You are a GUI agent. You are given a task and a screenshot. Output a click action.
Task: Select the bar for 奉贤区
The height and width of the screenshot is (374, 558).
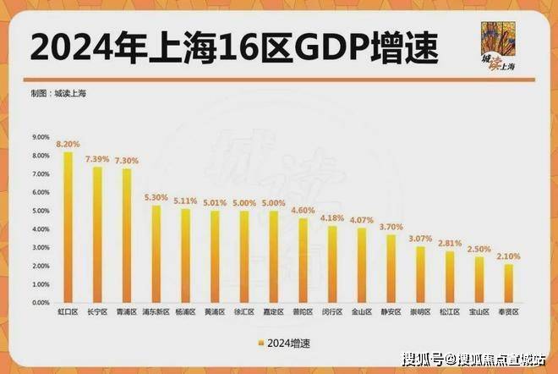[508, 283]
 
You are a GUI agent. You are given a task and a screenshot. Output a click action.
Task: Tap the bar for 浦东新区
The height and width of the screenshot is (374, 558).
[156, 254]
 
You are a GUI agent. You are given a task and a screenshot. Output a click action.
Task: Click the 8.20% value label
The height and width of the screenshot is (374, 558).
[68, 145]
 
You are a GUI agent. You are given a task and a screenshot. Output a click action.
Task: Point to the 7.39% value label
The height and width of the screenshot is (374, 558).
[97, 159]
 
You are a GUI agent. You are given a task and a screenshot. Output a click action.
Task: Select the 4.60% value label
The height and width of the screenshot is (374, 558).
[303, 210]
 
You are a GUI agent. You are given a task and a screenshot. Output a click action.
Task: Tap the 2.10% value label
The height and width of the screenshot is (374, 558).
[508, 256]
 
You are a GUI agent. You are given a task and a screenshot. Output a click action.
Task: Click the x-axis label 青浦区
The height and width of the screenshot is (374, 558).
[127, 312]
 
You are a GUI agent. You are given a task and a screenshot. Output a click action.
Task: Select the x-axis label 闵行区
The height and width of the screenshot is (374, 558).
[332, 312]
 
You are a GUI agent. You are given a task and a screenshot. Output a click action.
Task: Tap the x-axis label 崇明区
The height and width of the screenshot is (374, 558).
[420, 312]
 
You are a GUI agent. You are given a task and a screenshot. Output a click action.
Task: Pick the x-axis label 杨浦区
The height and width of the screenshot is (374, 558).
[185, 312]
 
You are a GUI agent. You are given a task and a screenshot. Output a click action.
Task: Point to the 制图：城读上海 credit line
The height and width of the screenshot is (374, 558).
[58, 93]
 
